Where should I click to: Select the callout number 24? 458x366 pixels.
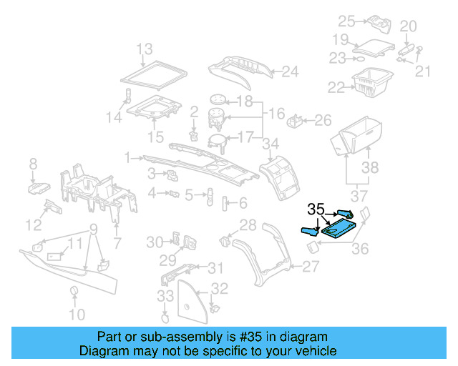[289, 71]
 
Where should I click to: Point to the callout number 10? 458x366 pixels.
[76, 314]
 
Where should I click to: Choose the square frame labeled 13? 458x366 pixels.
[152, 74]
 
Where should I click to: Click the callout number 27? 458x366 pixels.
[311, 267]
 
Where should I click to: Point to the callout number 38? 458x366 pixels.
[369, 167]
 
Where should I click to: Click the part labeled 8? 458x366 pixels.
[38, 187]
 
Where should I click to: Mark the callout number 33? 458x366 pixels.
[165, 295]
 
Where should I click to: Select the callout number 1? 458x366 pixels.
[127, 157]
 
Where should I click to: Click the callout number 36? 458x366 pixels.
[361, 249]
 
